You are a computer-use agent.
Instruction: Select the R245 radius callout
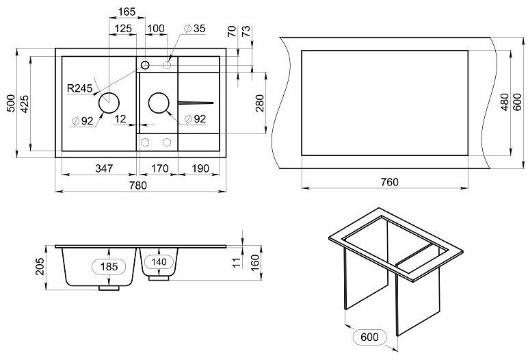pyautogui.click(x=79, y=88)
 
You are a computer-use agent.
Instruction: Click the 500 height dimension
pyautogui.click(x=10, y=103)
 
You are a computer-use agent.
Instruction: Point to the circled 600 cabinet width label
pyautogui.click(x=369, y=337)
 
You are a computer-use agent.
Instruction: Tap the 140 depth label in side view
pyautogui.click(x=160, y=261)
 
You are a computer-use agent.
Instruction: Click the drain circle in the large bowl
pyautogui.click(x=109, y=103)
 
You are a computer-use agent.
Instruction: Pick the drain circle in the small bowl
pyautogui.click(x=159, y=103)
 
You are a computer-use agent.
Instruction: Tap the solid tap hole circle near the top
pyautogui.click(x=145, y=65)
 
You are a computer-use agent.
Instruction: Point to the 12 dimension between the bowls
pyautogui.click(x=120, y=119)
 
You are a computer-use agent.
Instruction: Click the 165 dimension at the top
pyautogui.click(x=127, y=12)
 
